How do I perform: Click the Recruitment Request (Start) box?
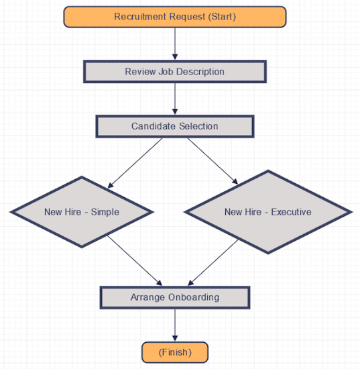[175, 17]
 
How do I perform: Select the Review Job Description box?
[175, 72]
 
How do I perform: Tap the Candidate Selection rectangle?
[175, 126]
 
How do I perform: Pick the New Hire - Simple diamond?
[82, 212]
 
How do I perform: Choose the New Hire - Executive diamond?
[268, 212]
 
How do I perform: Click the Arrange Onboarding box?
[175, 298]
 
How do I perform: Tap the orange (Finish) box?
[175, 352]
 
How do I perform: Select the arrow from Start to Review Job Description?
[175, 44]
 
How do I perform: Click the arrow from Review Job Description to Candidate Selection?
[175, 99]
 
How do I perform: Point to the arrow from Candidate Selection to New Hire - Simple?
[135, 163]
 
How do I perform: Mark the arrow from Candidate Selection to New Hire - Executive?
[213, 161]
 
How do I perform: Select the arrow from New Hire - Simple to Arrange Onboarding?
[135, 260]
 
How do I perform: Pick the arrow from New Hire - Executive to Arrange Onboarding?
[213, 262]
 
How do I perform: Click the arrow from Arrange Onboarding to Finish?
[175, 325]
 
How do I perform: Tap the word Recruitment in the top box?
[140, 17]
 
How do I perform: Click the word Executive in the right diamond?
[291, 212]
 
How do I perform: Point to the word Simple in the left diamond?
[105, 212]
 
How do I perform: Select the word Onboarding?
[194, 297]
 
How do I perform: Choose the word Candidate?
[153, 126]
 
